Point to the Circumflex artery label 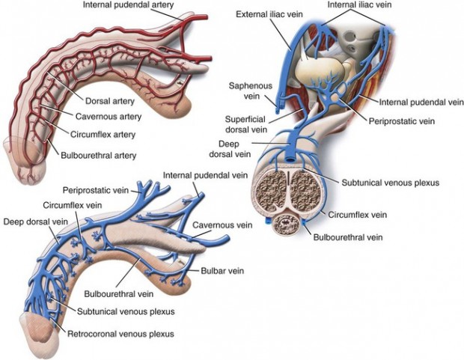coord(109,134)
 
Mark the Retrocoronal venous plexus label coord(120,334)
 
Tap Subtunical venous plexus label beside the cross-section coord(389,181)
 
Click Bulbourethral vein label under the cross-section coord(344,237)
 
